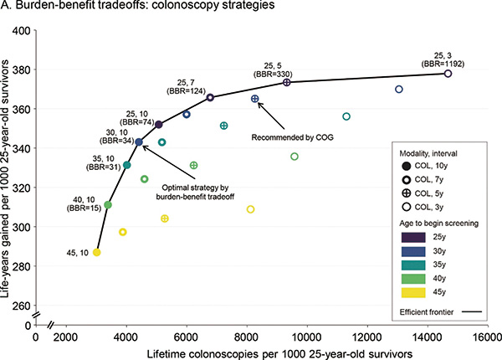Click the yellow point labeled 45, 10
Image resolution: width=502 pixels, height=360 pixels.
coord(97,252)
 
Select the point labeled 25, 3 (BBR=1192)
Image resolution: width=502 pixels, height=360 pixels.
coord(448,74)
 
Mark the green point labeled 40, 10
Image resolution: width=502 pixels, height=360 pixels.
coord(108,205)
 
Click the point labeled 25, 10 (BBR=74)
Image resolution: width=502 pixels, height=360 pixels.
coord(159,125)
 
